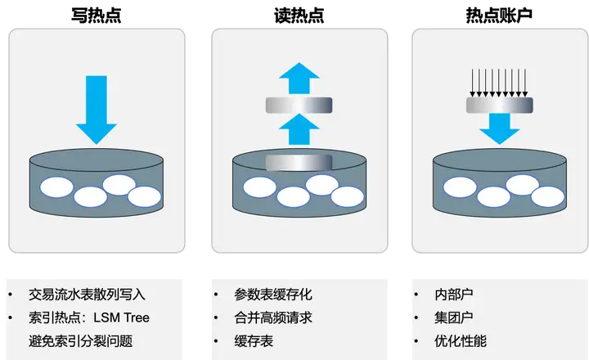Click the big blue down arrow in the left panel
pyautogui.click(x=97, y=111)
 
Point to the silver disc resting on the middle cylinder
pyautogui.click(x=298, y=162)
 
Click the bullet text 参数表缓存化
pyautogui.click(x=272, y=295)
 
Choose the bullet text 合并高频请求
pyautogui.click(x=272, y=317)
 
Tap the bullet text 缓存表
pyautogui.click(x=254, y=340)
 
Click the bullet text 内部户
pyautogui.click(x=454, y=295)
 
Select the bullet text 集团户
pyautogui.click(x=454, y=317)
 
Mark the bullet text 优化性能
pyautogui.click(x=461, y=340)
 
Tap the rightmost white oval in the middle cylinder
pyautogui.click(x=347, y=195)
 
